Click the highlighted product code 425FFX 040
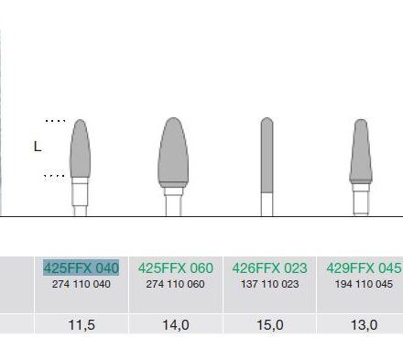click(x=81, y=267)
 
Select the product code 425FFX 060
click(x=175, y=267)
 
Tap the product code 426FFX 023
click(x=269, y=267)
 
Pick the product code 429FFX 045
click(x=364, y=267)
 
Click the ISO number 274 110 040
click(x=82, y=284)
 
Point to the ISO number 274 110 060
click(x=175, y=284)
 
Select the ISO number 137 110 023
click(x=270, y=284)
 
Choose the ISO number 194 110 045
click(x=364, y=284)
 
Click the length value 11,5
click(x=82, y=325)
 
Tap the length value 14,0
click(x=176, y=325)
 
